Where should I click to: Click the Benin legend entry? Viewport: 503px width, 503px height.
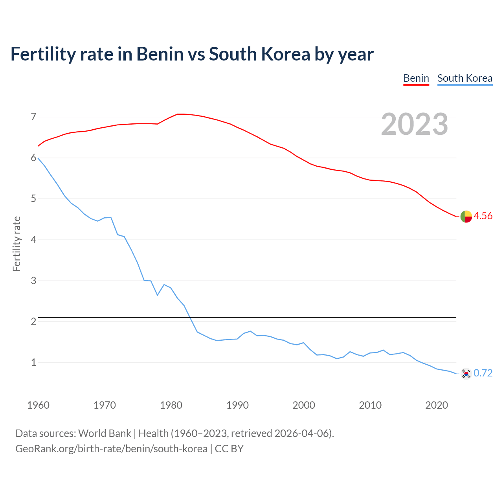tap(416, 78)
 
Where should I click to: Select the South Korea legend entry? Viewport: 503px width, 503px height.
tap(465, 78)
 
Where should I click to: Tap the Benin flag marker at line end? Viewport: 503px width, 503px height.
tap(466, 216)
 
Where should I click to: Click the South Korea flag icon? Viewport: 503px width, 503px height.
tap(466, 373)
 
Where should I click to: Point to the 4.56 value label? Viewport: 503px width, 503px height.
tap(483, 216)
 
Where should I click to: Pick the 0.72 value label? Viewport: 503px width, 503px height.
tap(483, 373)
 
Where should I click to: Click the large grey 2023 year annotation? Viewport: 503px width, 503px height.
tap(415, 124)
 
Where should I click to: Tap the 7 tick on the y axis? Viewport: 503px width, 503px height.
tap(33, 117)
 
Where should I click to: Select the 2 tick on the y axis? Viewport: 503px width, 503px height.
tap(33, 321)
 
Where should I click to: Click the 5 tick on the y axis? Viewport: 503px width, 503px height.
tap(33, 199)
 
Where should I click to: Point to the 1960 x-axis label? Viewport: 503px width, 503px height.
tap(38, 405)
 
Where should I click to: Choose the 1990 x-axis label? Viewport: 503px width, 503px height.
tap(237, 405)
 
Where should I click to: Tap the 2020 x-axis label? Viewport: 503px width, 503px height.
tap(437, 405)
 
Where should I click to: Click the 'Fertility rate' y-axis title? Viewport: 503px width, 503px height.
tap(17, 244)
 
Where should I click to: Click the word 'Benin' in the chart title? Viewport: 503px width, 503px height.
tap(160, 54)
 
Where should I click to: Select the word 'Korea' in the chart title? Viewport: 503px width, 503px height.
tap(286, 54)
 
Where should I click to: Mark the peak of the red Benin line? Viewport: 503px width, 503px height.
tap(180, 114)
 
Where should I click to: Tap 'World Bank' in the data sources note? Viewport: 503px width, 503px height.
tap(105, 433)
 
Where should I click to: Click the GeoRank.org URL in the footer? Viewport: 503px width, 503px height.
tap(111, 448)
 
